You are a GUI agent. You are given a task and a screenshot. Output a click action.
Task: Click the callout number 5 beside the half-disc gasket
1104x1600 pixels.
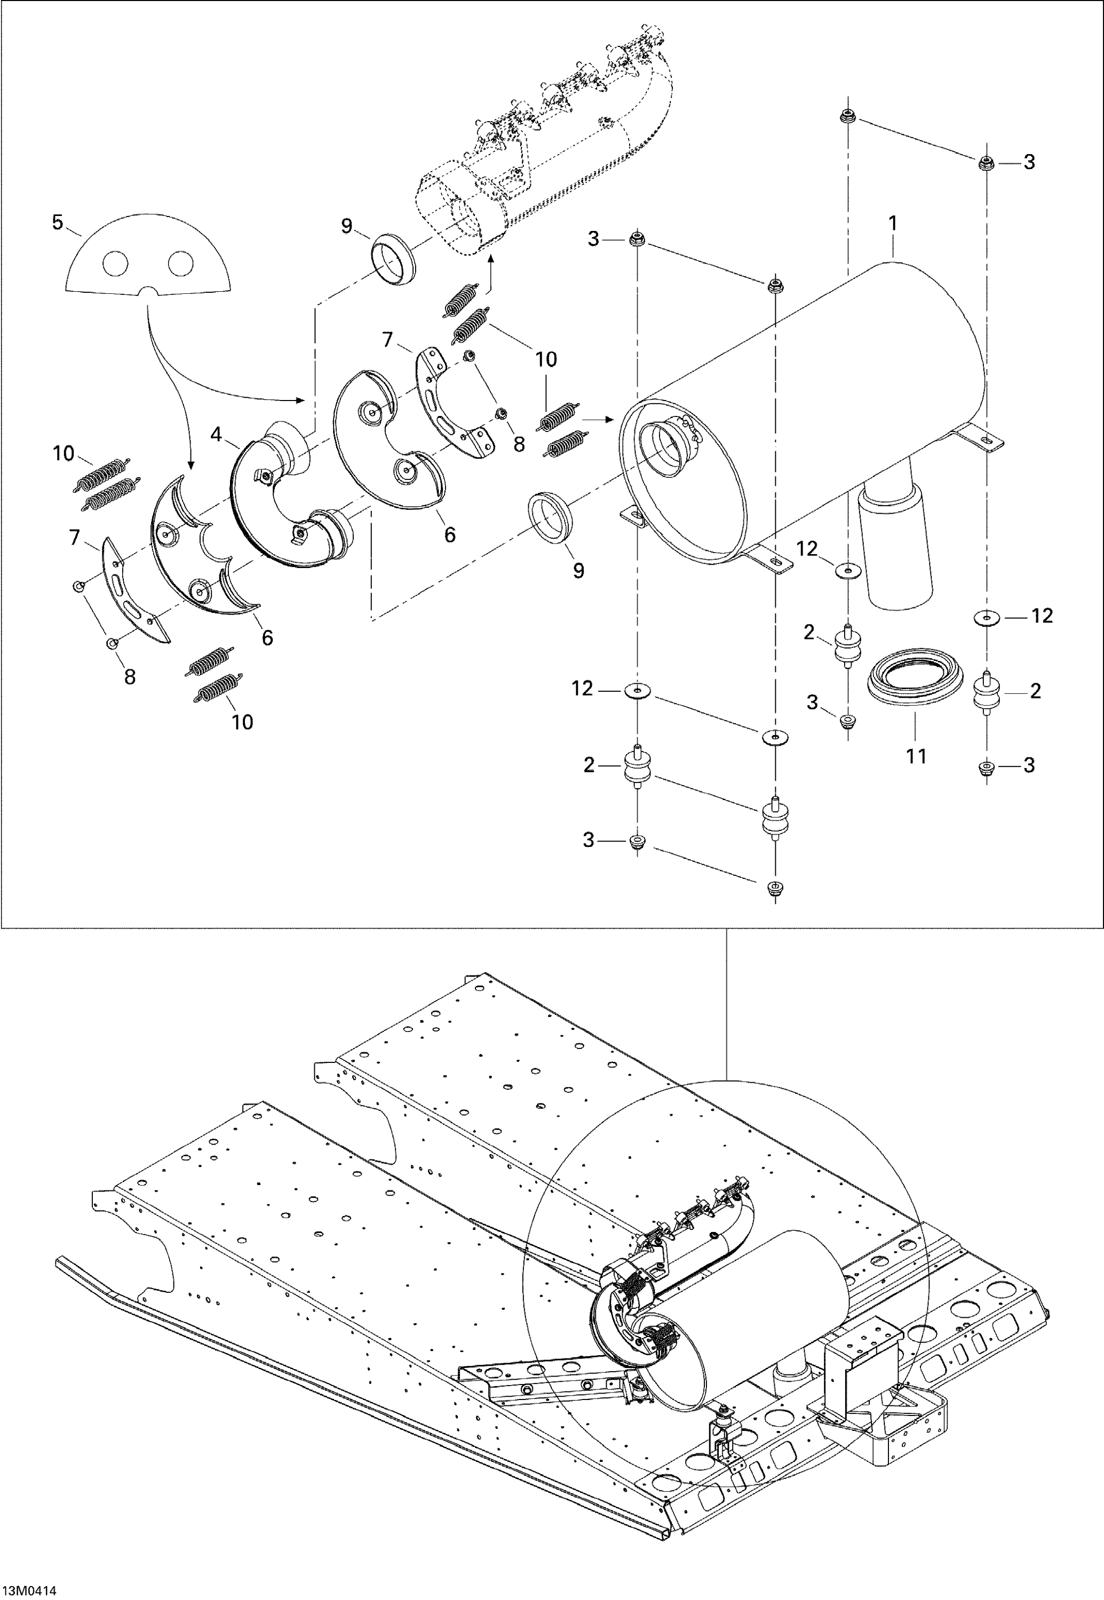(58, 222)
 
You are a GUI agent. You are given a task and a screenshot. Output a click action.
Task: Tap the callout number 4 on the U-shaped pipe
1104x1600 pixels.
(217, 434)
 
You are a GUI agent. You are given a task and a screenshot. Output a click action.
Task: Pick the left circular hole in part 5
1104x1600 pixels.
(115, 262)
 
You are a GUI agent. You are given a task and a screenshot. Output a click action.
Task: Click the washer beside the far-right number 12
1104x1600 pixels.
(986, 616)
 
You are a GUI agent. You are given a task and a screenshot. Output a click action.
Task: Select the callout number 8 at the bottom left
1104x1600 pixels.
(129, 676)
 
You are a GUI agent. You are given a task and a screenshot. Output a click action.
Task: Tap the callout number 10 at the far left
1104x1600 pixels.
(63, 453)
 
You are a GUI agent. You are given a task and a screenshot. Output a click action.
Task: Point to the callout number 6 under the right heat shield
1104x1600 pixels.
(450, 534)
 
